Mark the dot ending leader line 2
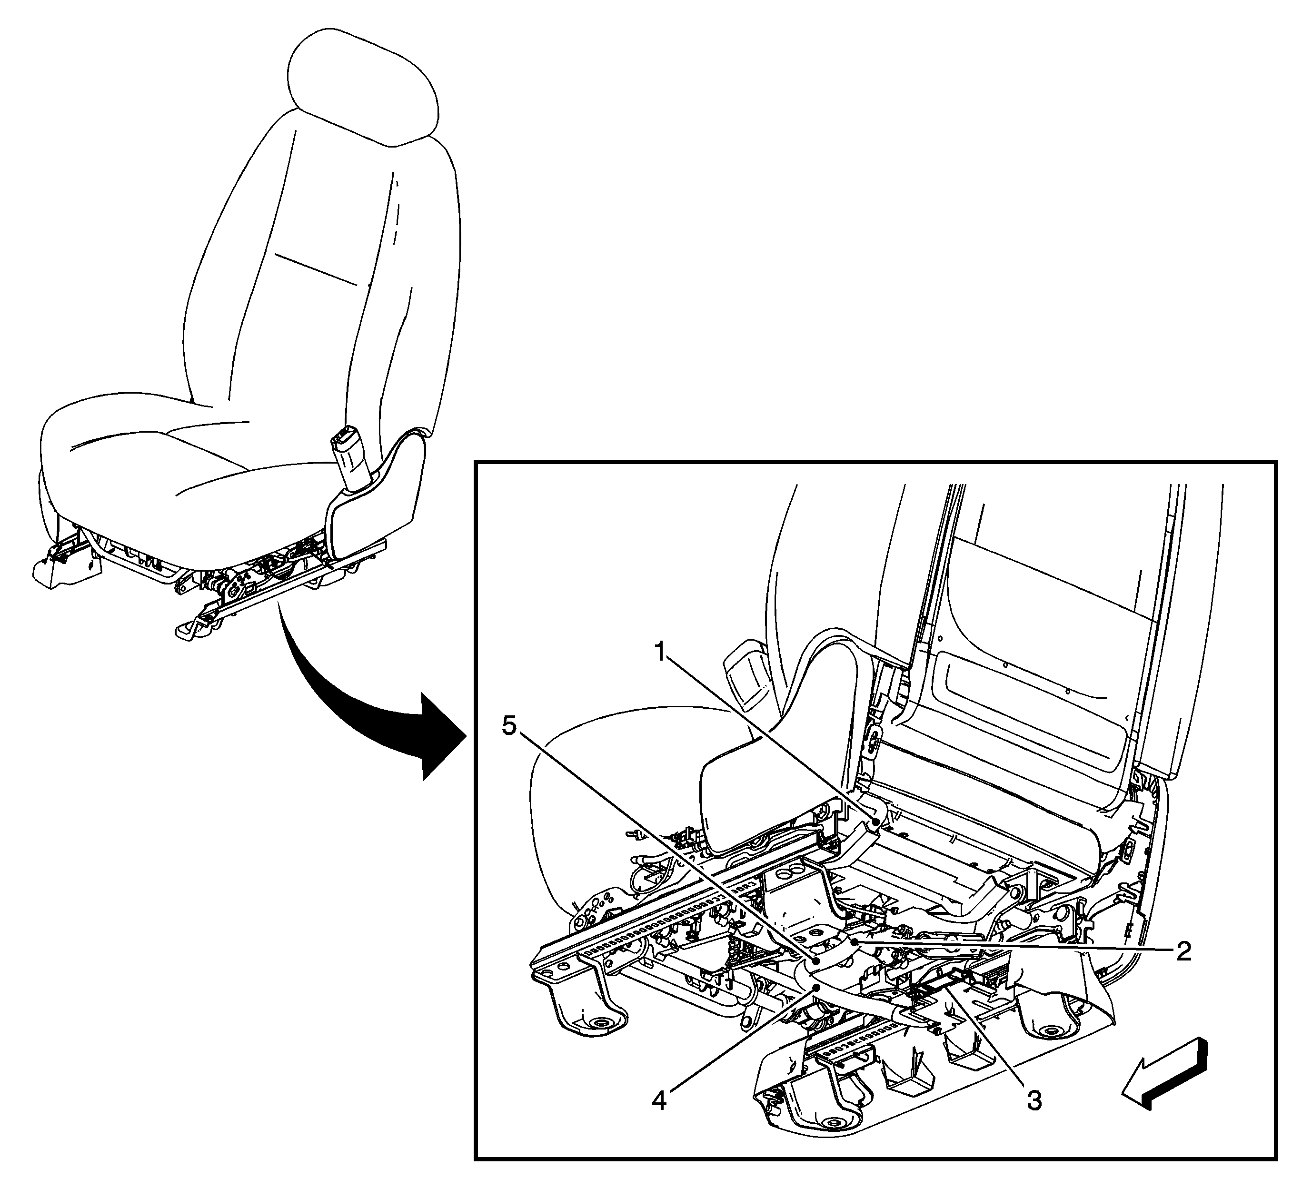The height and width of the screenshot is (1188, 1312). pyautogui.click(x=853, y=941)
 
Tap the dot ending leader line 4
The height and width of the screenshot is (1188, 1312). pyautogui.click(x=815, y=988)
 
